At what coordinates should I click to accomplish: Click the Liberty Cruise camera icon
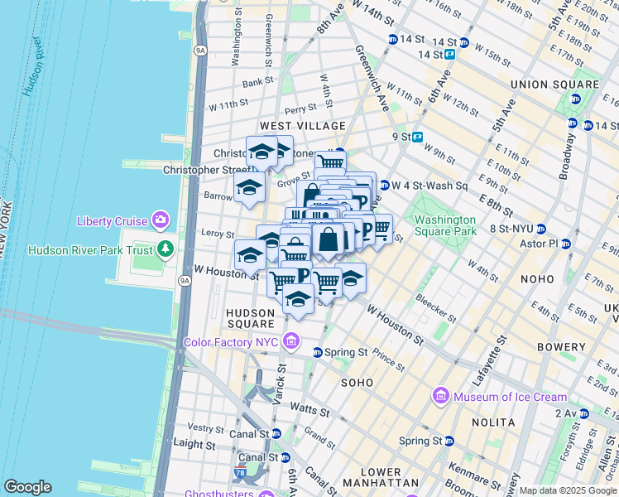pyautogui.click(x=160, y=221)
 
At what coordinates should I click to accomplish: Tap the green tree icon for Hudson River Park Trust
pyautogui.click(x=166, y=248)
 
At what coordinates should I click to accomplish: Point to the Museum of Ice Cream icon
pyautogui.click(x=440, y=397)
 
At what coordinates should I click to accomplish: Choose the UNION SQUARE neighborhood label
pyautogui.click(x=554, y=84)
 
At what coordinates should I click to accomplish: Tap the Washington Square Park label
pyautogui.click(x=445, y=226)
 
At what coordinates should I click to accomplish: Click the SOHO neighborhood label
pyautogui.click(x=357, y=383)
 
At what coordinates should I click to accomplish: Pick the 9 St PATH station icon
pyautogui.click(x=418, y=138)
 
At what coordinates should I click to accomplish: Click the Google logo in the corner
pyautogui.click(x=27, y=487)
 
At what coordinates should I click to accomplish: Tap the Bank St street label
pyautogui.click(x=257, y=83)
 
